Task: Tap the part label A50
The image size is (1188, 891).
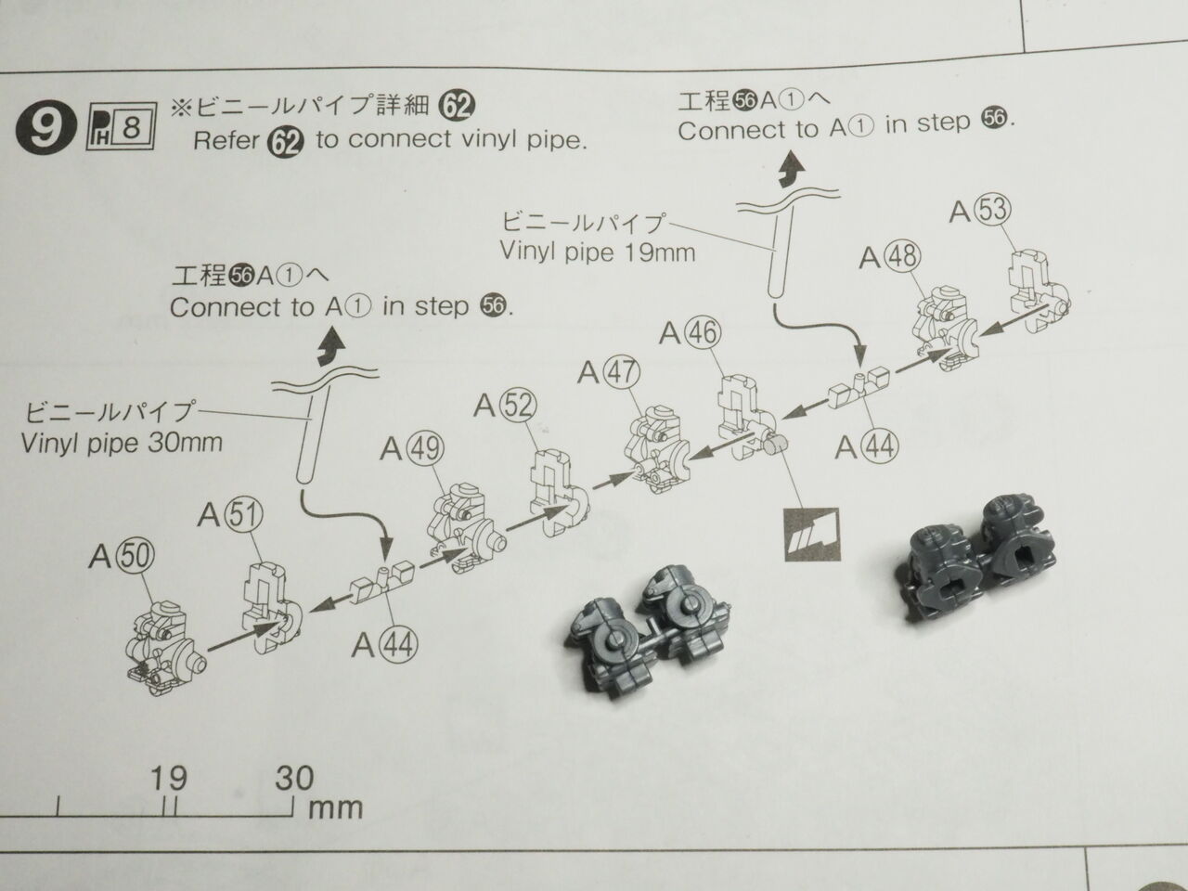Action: pos(122,557)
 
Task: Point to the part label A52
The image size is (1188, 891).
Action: pos(505,405)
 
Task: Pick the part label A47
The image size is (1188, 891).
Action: pos(608,372)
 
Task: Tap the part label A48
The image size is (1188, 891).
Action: pos(888,256)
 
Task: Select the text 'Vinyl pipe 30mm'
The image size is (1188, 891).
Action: pos(122,442)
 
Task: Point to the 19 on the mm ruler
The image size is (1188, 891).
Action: pos(168,777)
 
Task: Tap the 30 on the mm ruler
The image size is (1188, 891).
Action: pos(293,777)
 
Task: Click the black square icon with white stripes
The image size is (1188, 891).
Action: pos(810,536)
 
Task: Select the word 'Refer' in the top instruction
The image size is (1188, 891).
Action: pos(226,140)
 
